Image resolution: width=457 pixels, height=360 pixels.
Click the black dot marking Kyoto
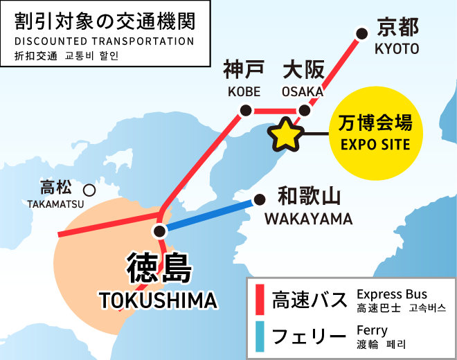pyautogui.click(x=361, y=33)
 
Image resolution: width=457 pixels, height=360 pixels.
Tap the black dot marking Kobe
pyautogui.click(x=244, y=110)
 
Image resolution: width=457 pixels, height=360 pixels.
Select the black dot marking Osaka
pyautogui.click(x=304, y=110)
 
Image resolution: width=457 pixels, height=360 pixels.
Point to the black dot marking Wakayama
pyautogui.click(x=260, y=200)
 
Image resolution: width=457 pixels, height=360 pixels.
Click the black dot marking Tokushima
pyautogui.click(x=160, y=231)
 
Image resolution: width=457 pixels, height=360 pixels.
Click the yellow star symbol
pyautogui.click(x=286, y=134)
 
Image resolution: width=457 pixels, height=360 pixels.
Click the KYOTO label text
pyautogui.click(x=397, y=48)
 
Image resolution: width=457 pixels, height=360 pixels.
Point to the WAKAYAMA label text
pyautogui.click(x=308, y=219)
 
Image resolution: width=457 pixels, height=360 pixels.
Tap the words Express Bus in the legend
pyautogui.click(x=392, y=294)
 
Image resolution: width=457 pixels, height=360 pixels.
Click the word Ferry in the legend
pyautogui.click(x=372, y=330)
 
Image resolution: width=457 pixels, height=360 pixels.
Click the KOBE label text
pyautogui.click(x=244, y=91)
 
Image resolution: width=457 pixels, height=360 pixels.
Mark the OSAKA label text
pyautogui.click(x=303, y=91)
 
